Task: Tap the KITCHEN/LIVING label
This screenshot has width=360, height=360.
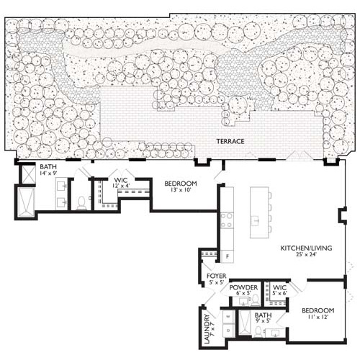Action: point(306,248)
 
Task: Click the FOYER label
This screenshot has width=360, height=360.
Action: point(216,275)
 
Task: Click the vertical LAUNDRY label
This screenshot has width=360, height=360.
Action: point(207,328)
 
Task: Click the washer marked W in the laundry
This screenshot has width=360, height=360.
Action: point(228,316)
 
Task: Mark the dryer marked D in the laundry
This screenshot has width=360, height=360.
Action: point(228,330)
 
